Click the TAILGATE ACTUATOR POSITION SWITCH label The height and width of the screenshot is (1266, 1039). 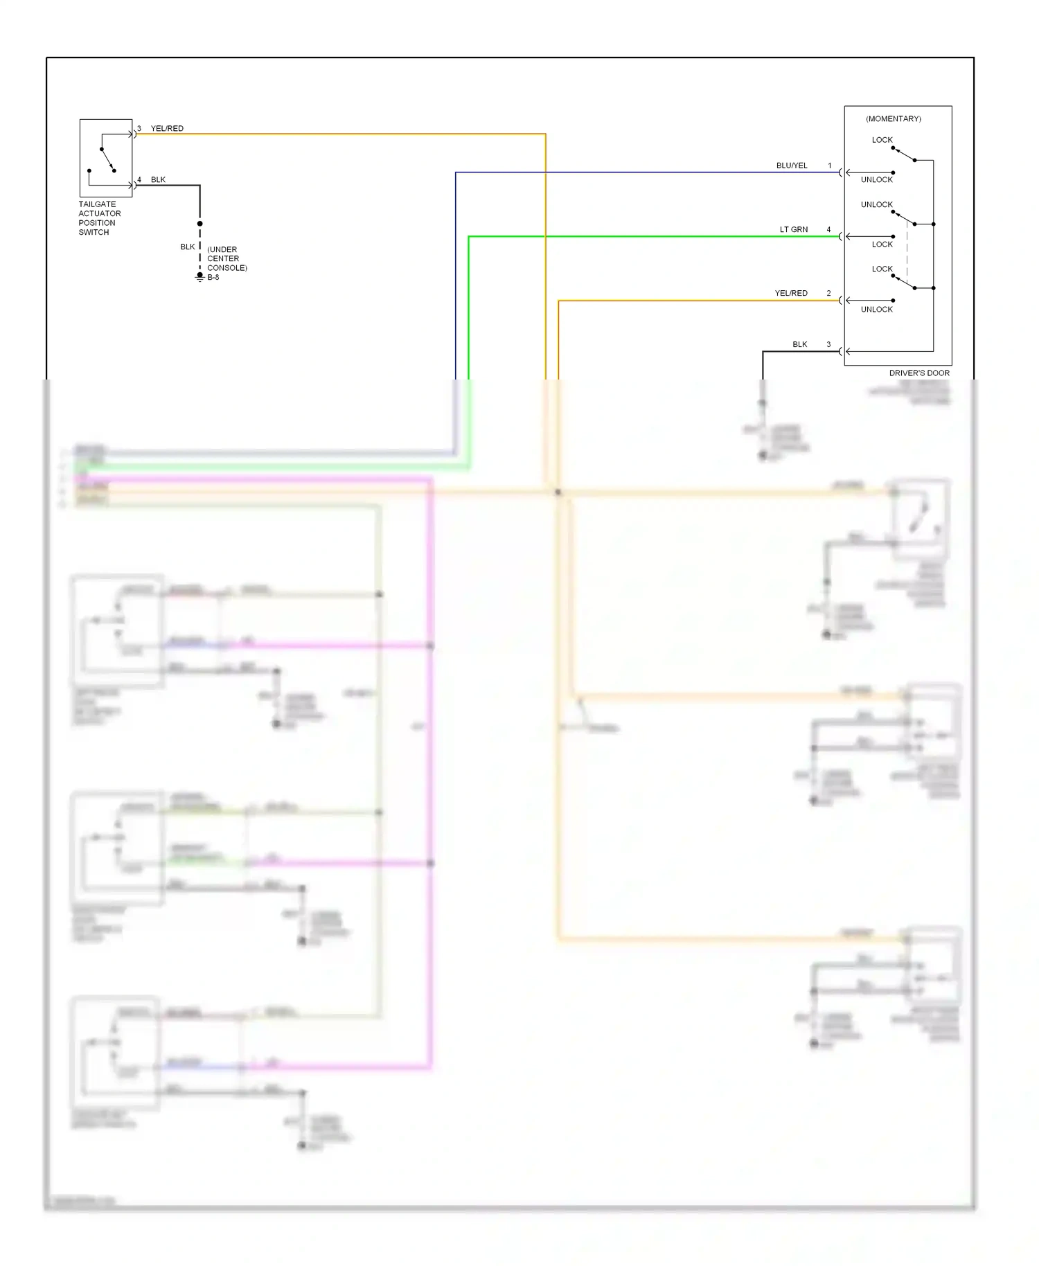coord(99,218)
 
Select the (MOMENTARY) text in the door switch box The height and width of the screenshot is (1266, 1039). coord(893,119)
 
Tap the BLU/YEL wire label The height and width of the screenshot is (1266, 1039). coord(791,166)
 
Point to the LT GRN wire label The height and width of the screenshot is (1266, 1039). coord(793,229)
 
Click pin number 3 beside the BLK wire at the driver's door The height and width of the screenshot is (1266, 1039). coord(828,344)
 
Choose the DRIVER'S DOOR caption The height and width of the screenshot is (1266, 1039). coord(918,373)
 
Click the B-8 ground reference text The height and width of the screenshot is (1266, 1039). coord(213,277)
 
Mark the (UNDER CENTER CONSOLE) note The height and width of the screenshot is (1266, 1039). coord(227,258)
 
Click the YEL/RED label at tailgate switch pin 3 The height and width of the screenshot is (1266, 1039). coord(167,128)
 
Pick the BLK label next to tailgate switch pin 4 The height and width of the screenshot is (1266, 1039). coord(158,179)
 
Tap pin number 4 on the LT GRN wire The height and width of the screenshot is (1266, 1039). coord(828,229)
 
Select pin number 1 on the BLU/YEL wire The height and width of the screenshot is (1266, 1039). coord(829,166)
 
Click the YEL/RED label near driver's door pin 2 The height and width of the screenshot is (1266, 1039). coord(790,293)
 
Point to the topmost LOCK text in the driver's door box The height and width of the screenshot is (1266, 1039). coord(882,140)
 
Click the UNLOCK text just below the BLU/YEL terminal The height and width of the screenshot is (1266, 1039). coord(876,179)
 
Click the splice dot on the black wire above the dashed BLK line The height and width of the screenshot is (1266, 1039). coord(199,224)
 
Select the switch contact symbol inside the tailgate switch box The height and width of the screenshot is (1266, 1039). coord(107,159)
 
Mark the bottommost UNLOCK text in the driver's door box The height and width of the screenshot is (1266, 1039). coord(876,310)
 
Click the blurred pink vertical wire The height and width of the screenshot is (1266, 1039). coord(430,762)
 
